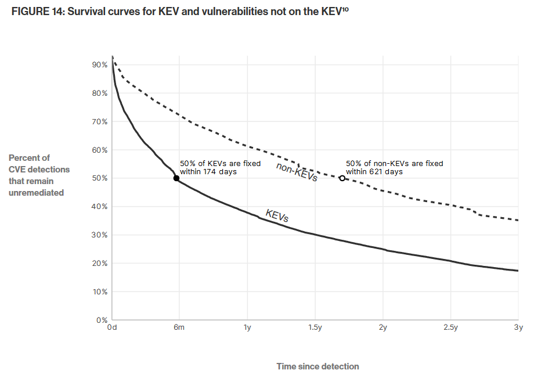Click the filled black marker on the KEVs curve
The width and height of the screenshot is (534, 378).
coord(176,178)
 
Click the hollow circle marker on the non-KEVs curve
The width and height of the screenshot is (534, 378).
coord(342,178)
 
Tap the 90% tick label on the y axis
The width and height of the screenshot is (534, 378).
coord(100,65)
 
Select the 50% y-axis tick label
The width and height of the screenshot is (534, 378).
coord(100,178)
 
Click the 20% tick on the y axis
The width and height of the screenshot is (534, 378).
coord(100,264)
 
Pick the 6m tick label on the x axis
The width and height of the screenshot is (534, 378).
coord(179,328)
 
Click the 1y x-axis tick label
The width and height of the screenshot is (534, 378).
coord(247,328)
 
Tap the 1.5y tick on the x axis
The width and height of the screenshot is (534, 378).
coord(315,328)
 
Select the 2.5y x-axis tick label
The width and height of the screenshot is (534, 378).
coord(451,328)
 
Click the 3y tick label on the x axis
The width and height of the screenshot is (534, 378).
coord(519,328)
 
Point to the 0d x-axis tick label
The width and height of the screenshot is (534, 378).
coord(112,328)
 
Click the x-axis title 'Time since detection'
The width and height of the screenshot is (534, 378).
coord(317,366)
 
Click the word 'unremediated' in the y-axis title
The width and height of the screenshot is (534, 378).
coord(36,193)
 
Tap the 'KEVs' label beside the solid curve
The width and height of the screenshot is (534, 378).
coord(277,215)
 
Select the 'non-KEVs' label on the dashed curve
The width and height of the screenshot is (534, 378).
coord(297,172)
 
